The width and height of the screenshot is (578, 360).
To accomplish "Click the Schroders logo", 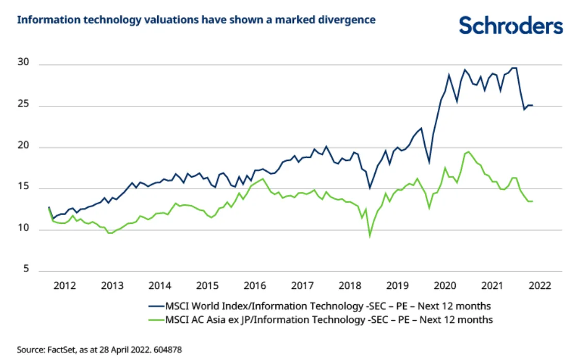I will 510,24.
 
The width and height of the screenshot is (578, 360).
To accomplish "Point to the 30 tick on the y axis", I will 22,64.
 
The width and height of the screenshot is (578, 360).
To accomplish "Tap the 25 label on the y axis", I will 22,106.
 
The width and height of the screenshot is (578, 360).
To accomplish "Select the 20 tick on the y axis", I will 22,147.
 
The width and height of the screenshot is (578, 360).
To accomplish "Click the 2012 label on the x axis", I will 65,285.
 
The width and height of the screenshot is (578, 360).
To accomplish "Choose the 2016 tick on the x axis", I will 255,285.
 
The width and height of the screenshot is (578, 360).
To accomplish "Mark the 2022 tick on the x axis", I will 539,285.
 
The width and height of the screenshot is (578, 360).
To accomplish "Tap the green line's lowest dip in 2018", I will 370,236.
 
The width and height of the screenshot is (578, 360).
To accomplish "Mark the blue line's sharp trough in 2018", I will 370,188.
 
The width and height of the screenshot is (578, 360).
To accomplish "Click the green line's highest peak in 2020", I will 468,152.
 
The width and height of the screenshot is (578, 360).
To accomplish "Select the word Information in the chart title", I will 42,20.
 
